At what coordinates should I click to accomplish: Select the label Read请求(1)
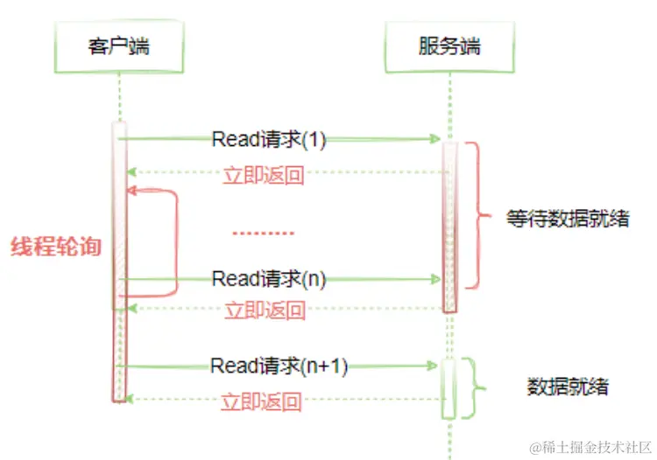268,139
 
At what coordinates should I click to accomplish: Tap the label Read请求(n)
268,279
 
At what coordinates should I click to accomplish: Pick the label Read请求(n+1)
279,366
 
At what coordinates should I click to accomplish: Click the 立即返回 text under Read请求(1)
264,174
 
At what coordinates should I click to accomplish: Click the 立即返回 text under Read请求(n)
265,310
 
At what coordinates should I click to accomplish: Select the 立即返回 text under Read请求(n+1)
262,401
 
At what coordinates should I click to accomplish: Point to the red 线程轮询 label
55,247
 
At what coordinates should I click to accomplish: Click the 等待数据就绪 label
567,218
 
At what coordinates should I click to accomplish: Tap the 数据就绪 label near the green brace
568,386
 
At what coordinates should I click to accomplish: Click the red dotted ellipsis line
263,233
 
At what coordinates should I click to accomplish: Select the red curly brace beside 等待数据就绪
476,215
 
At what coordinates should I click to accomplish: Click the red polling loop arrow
175,240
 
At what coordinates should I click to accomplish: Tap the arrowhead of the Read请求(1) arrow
434,139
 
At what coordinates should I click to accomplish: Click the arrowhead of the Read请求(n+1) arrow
430,366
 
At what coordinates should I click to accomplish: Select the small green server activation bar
449,388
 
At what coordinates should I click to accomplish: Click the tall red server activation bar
449,226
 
